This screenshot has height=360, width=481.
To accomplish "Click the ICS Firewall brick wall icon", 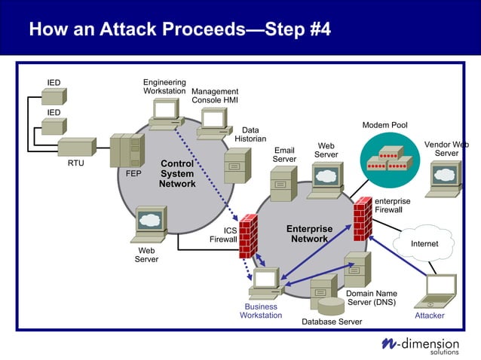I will pos(248,236).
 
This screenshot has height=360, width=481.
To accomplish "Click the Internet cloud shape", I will pos(424,243).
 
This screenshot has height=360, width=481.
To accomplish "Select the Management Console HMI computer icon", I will pos(214,123).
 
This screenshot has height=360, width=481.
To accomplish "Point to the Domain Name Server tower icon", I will pos(357,269).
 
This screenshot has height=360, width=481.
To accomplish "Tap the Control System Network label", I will pos(177,174).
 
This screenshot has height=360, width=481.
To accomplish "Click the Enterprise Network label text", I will pos(309,233).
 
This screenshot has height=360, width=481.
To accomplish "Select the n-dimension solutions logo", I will pos(423,345).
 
